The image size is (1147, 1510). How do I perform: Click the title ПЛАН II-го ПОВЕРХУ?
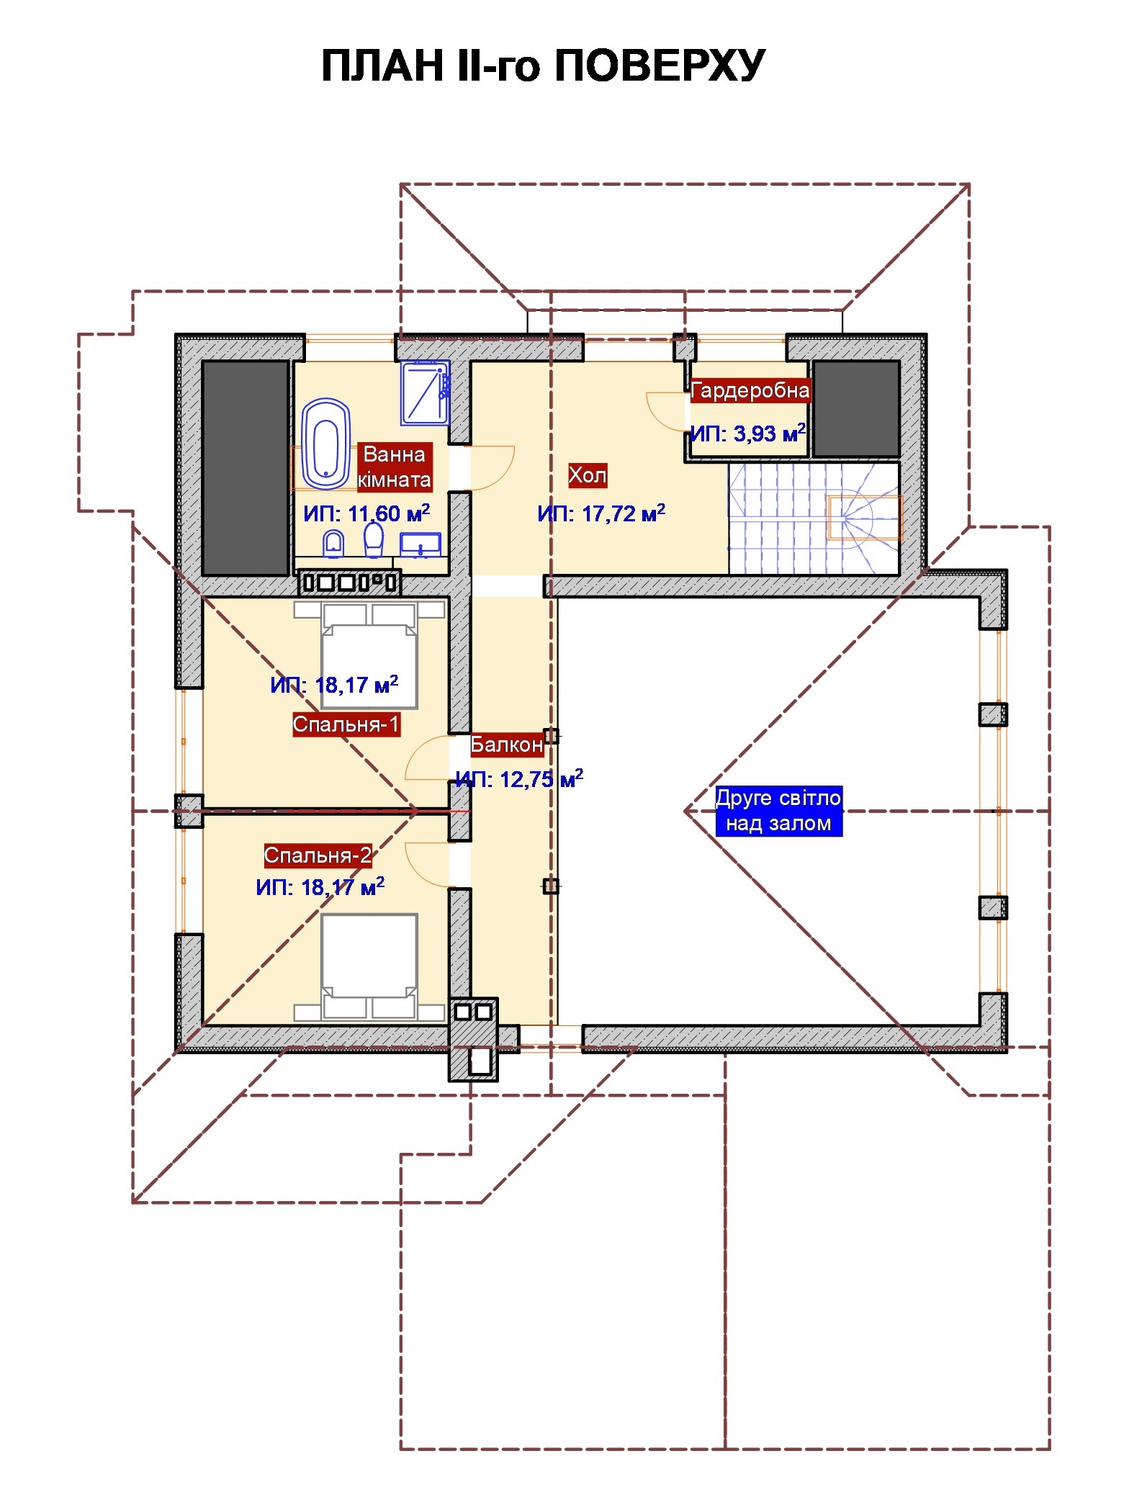click(x=543, y=66)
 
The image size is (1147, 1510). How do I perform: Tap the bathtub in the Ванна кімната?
click(x=326, y=444)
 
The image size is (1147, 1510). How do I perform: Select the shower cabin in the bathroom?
click(x=426, y=392)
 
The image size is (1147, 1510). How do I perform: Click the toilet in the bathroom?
click(x=373, y=539)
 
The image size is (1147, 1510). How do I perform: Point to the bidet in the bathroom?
click(x=333, y=544)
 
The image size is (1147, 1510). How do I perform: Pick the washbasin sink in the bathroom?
click(x=420, y=545)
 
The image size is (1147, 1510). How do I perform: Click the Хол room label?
click(x=588, y=475)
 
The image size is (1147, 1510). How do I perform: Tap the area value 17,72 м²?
click(x=601, y=513)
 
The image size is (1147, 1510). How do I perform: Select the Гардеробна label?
click(x=750, y=390)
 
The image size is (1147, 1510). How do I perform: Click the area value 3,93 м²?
click(x=747, y=433)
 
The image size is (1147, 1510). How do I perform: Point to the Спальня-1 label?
click(x=346, y=724)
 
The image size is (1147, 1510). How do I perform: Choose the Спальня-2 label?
click(x=318, y=855)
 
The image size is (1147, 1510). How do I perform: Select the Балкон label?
click(x=507, y=745)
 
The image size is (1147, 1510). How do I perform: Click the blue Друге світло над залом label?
click(x=778, y=810)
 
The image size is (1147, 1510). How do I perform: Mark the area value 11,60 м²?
click(x=366, y=513)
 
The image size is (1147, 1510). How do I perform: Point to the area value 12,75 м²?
click(x=519, y=778)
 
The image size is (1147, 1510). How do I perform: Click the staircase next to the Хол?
click(x=814, y=518)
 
